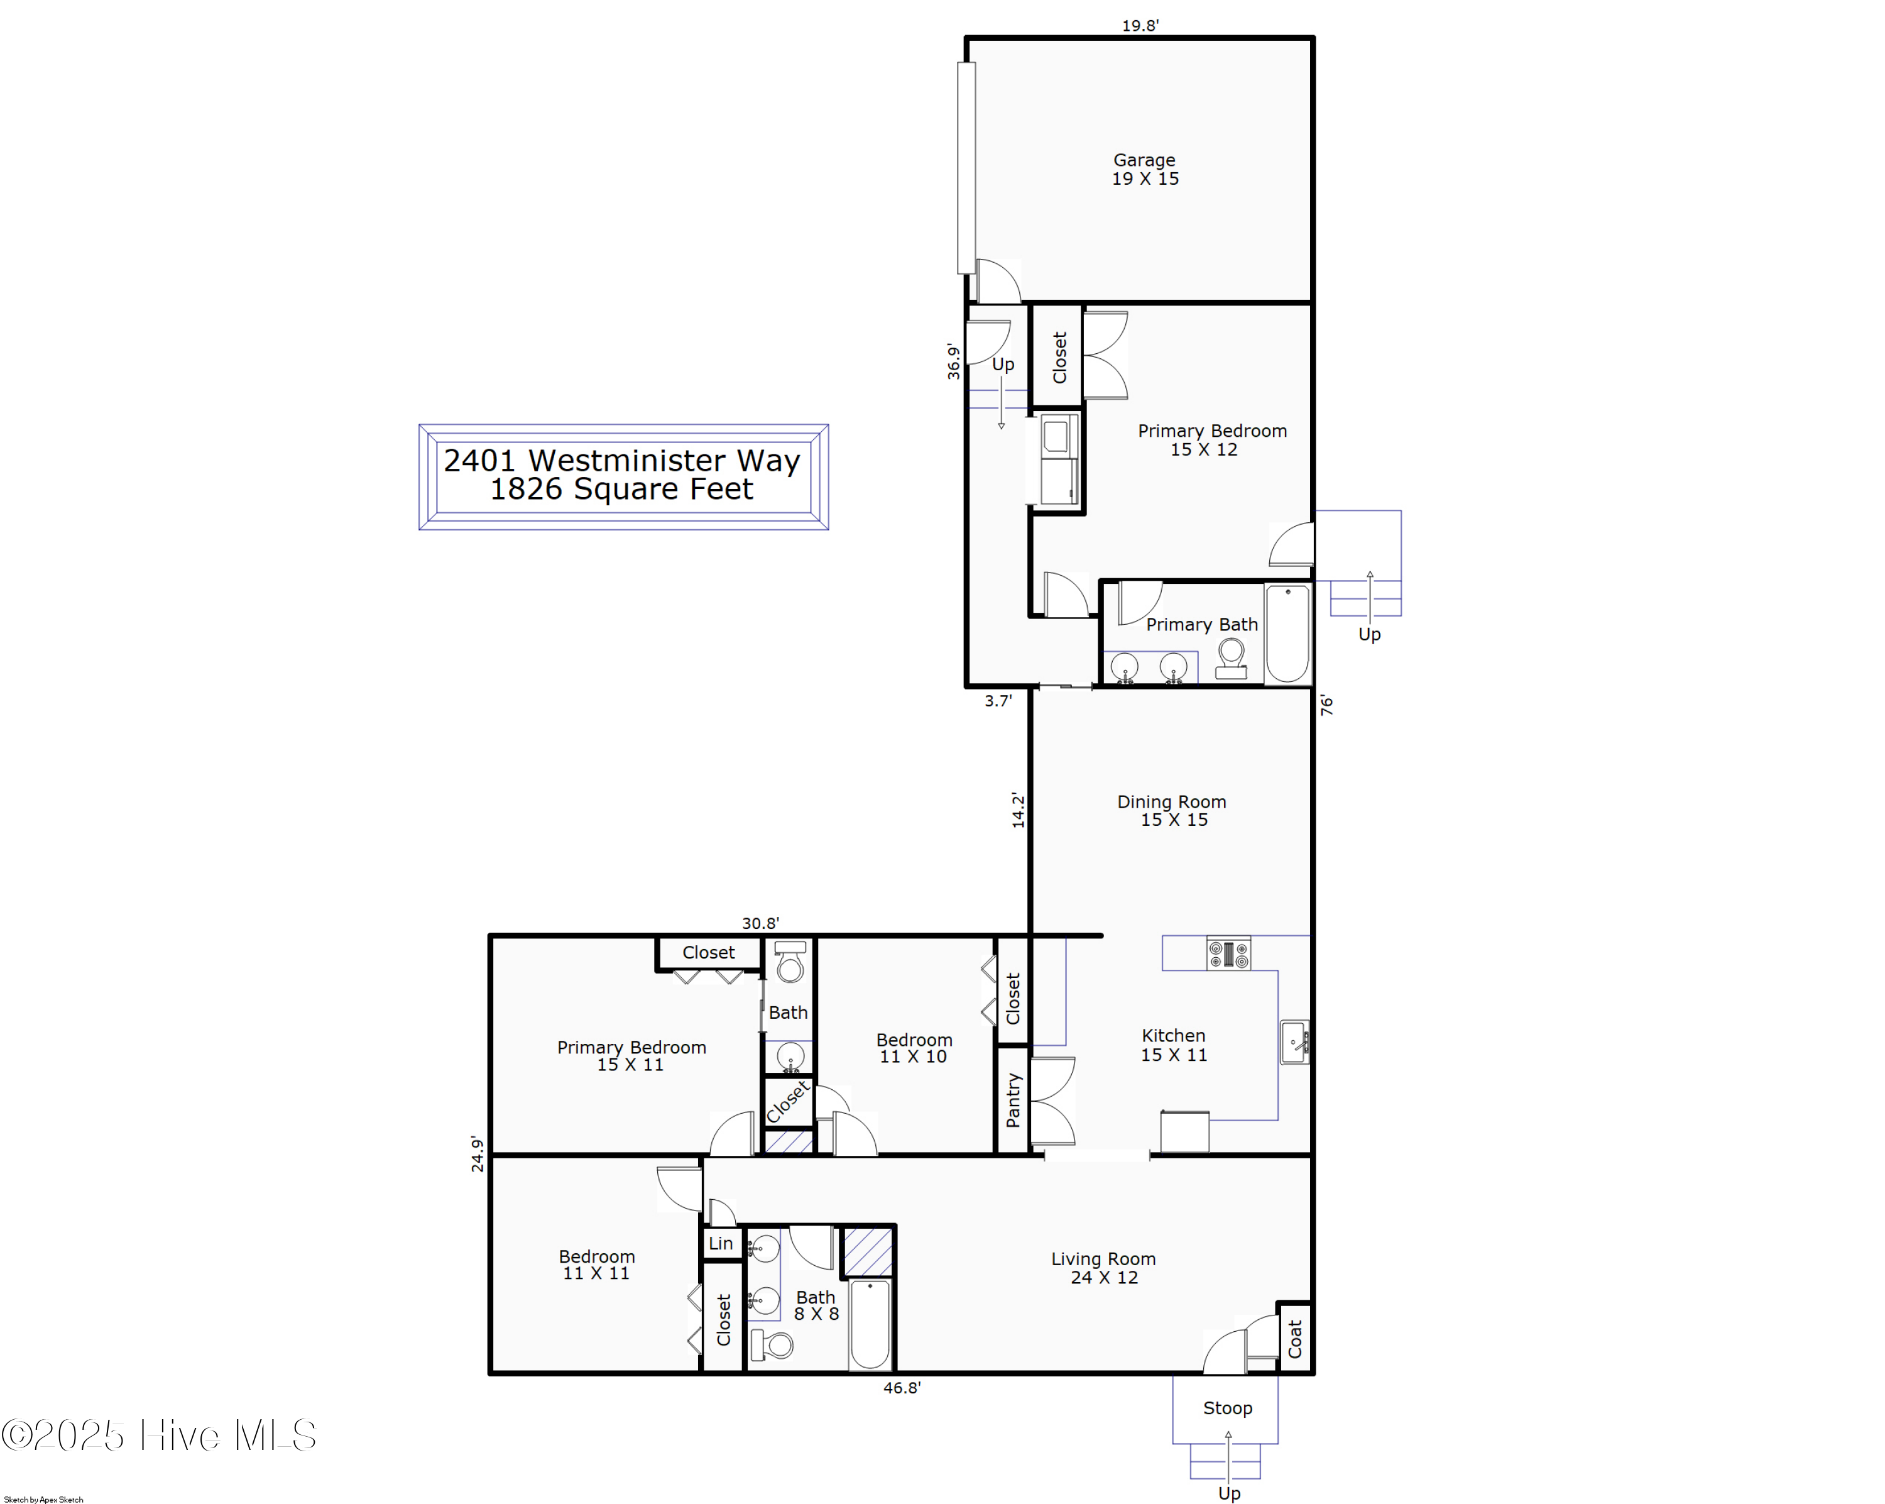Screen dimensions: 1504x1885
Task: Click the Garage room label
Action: pyautogui.click(x=1144, y=169)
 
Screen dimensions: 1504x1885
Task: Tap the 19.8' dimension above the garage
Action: pyautogui.click(x=1140, y=25)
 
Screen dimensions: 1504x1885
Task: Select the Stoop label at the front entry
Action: pyautogui.click(x=1228, y=1408)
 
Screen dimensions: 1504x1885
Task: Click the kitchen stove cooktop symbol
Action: pyautogui.click(x=1228, y=953)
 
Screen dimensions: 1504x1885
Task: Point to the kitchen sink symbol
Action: pyautogui.click(x=1295, y=1042)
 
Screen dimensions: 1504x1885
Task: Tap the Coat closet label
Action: pyautogui.click(x=1295, y=1338)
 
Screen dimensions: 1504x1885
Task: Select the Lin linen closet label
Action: pyautogui.click(x=721, y=1243)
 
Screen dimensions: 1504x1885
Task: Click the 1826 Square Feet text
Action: pyautogui.click(x=621, y=490)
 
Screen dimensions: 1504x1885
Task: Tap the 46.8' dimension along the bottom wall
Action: pyautogui.click(x=902, y=1388)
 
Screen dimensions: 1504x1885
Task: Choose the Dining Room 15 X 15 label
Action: pyautogui.click(x=1172, y=811)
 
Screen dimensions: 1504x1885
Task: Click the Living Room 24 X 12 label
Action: pyautogui.click(x=1103, y=1268)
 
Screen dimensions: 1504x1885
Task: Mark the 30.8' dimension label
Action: pyautogui.click(x=760, y=923)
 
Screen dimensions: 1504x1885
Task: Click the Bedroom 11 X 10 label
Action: pyautogui.click(x=914, y=1048)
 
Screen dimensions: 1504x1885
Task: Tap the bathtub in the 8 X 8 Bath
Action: pyautogui.click(x=870, y=1324)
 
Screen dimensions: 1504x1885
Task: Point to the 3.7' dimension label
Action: pyautogui.click(x=998, y=700)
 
